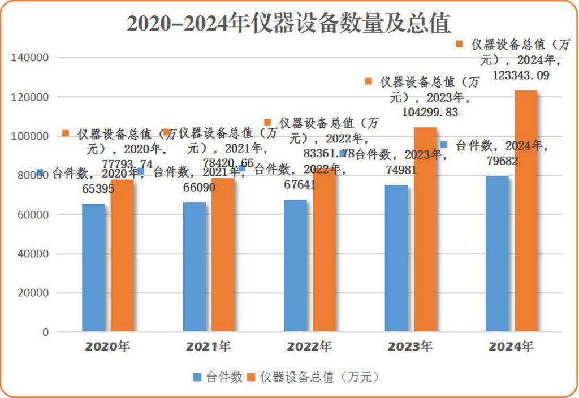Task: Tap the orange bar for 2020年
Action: (x=122, y=254)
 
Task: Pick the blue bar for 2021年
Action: (x=195, y=266)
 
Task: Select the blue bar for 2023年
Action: (x=396, y=258)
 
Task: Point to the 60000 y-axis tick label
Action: (x=33, y=215)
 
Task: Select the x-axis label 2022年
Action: (x=309, y=346)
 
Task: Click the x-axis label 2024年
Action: (x=511, y=346)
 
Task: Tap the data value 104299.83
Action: (x=430, y=112)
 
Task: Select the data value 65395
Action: (x=94, y=189)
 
